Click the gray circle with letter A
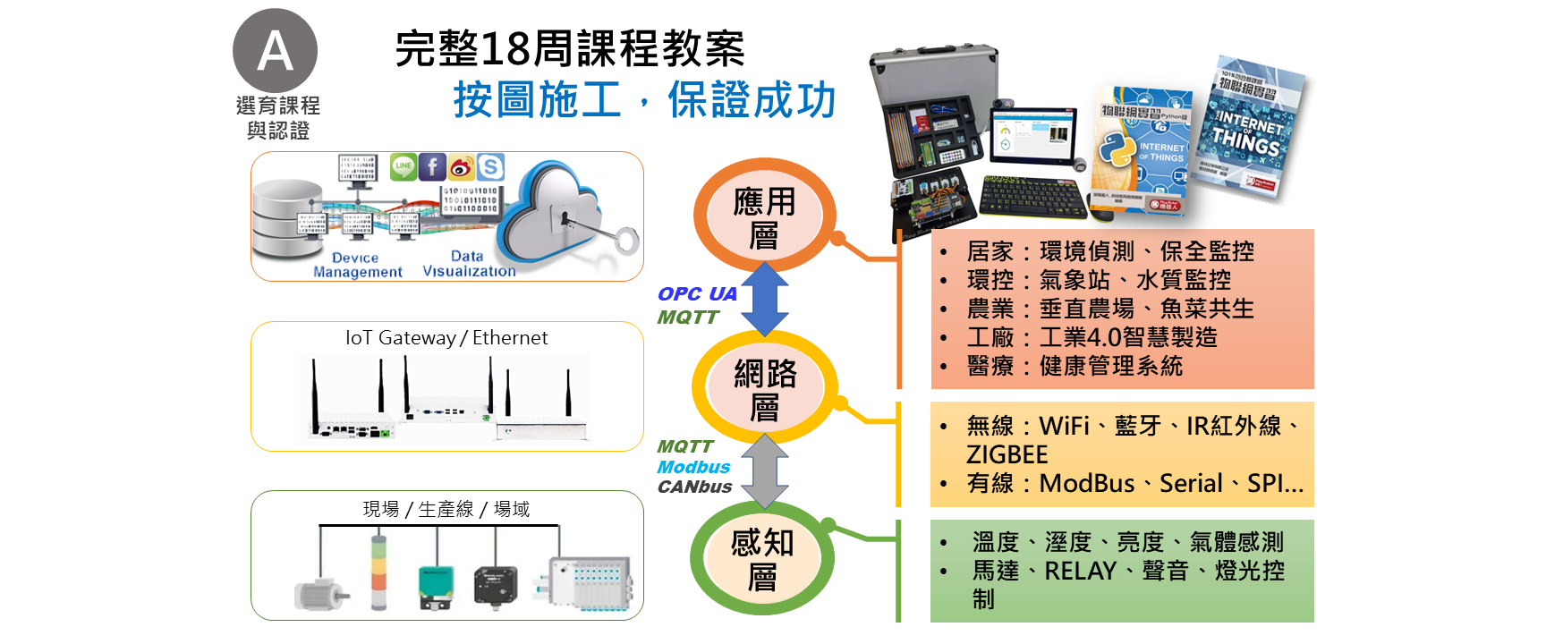click(x=275, y=50)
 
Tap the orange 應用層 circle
click(x=764, y=216)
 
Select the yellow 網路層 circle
click(x=764, y=388)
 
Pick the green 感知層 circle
click(x=762, y=559)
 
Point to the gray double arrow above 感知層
click(x=764, y=471)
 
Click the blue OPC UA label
click(x=697, y=293)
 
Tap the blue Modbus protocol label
click(x=693, y=467)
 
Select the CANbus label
click(x=694, y=487)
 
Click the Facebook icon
click(x=432, y=166)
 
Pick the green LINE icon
click(x=403, y=166)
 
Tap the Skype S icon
click(x=490, y=166)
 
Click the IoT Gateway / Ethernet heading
click(x=446, y=337)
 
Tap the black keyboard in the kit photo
click(x=1033, y=194)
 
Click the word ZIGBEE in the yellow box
click(x=1007, y=454)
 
